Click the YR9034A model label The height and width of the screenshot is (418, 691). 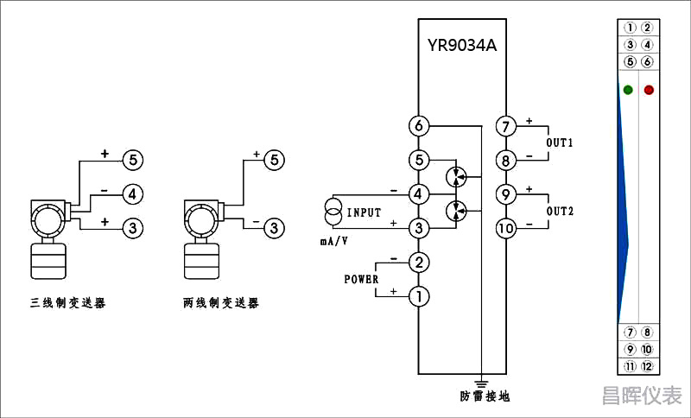(462, 45)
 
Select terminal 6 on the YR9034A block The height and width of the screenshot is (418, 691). (419, 126)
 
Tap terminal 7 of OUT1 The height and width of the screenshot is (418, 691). (505, 126)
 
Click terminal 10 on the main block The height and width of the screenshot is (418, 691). (505, 228)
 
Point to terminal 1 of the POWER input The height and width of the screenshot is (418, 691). (419, 296)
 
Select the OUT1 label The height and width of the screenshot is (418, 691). (560, 142)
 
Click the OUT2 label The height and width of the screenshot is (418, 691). (560, 212)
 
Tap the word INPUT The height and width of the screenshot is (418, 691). (364, 212)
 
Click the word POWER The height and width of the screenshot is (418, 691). (361, 279)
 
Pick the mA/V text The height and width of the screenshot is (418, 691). (334, 242)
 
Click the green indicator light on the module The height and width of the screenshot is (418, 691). (628, 90)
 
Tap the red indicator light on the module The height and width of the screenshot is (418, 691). (649, 90)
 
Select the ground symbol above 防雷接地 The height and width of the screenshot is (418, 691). (481, 381)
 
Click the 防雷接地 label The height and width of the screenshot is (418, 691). (485, 396)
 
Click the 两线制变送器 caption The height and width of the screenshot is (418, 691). (221, 303)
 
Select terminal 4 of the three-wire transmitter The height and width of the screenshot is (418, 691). (132, 193)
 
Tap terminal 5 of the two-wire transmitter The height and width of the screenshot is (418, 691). (273, 160)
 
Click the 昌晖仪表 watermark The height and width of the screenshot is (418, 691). (641, 396)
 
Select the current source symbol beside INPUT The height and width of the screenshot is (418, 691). (333, 212)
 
